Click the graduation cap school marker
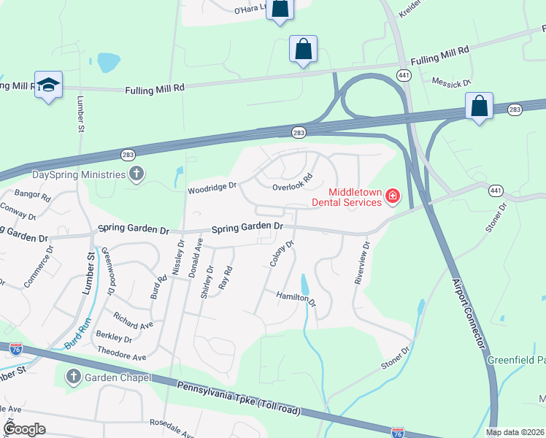[x=48, y=85]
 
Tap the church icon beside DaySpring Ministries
[x=136, y=174]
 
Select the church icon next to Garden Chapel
[x=73, y=377]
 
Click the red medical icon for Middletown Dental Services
[x=393, y=196]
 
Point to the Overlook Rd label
[x=293, y=182]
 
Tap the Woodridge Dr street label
[x=212, y=187]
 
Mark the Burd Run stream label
[x=75, y=333]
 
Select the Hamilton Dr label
[x=296, y=299]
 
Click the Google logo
[x=24, y=429]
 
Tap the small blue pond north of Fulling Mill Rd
[x=108, y=62]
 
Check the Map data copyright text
[x=515, y=432]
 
